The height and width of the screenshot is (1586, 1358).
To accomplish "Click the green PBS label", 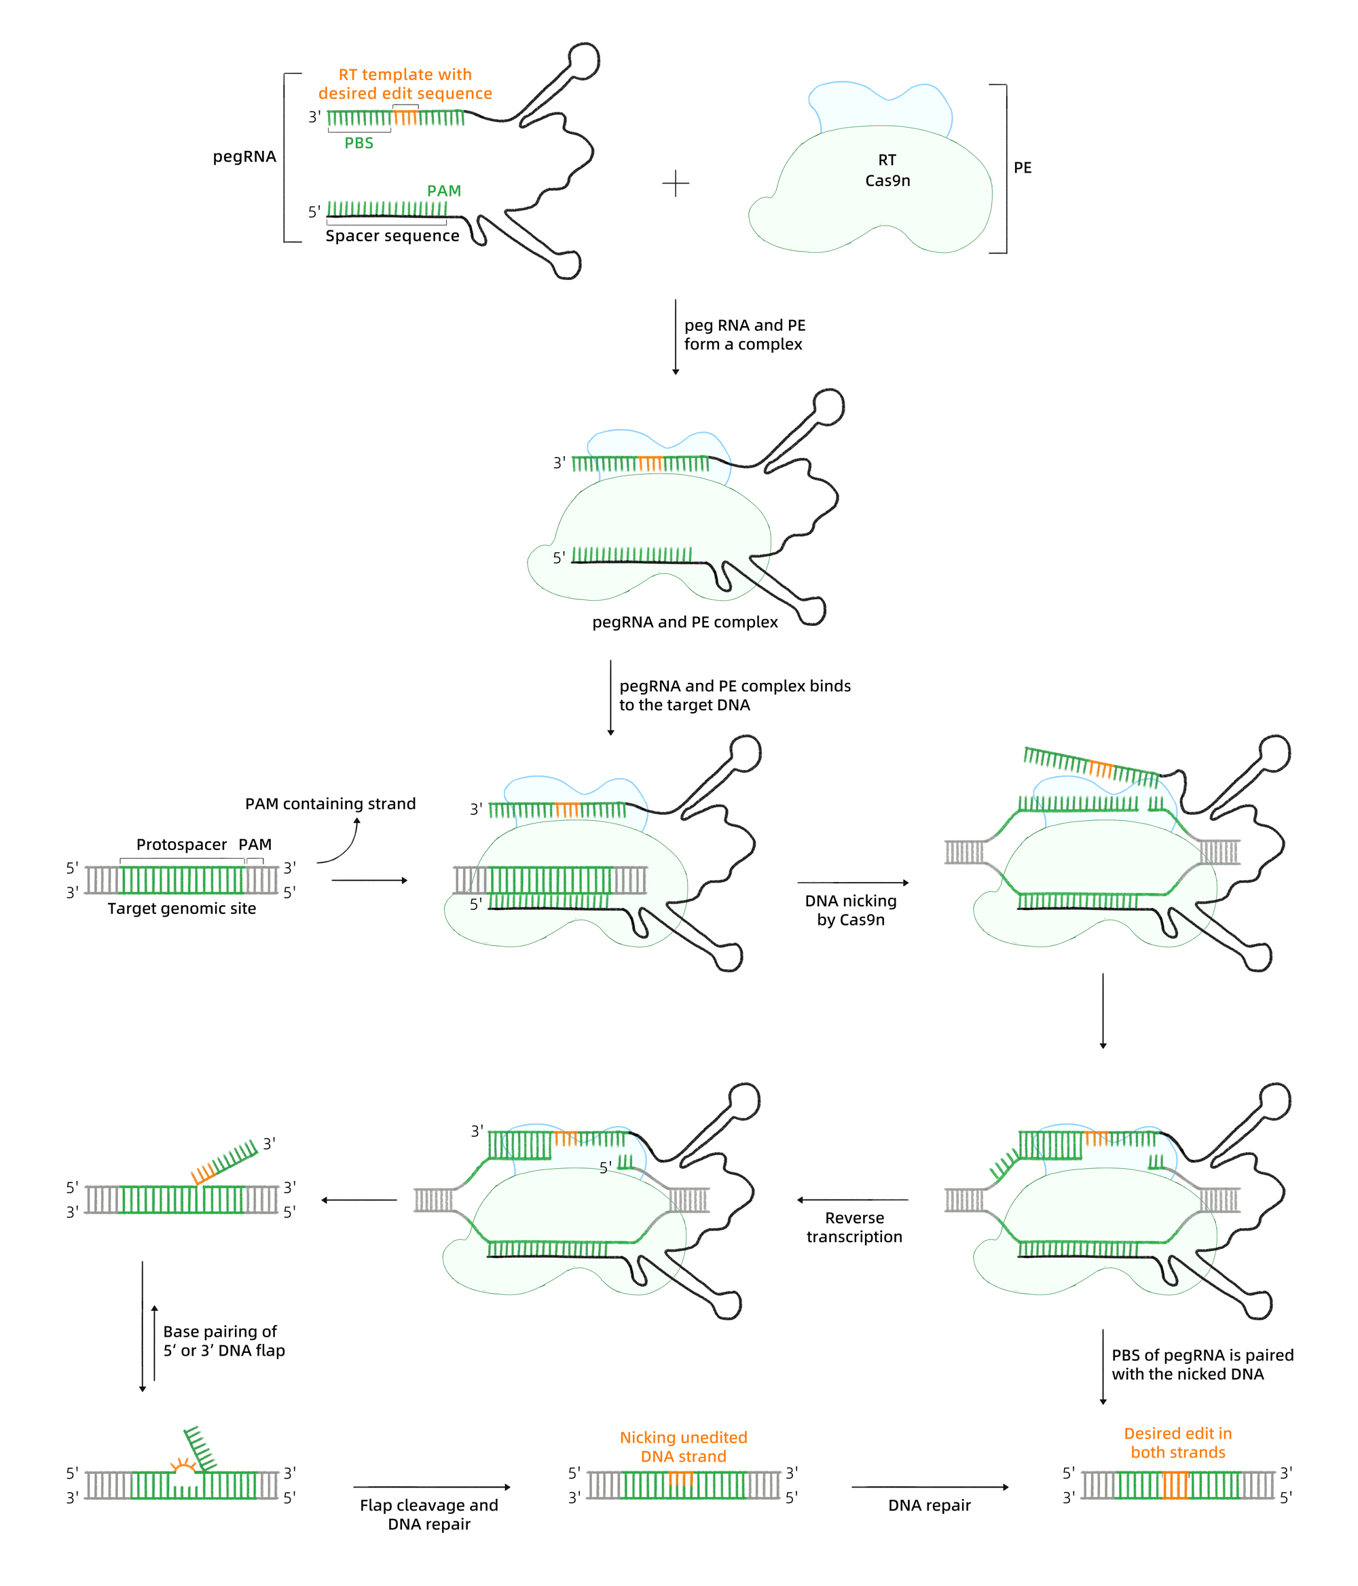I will (358, 143).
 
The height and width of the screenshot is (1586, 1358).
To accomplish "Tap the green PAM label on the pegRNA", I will (444, 190).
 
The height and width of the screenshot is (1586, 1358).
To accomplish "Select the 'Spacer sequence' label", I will (392, 236).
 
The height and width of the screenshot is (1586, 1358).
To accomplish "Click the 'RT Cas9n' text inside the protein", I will (887, 170).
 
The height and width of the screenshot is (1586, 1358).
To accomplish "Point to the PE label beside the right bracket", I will (1022, 168).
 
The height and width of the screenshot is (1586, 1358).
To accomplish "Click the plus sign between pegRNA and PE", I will (676, 183).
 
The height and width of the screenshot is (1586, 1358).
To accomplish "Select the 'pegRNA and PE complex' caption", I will (684, 622).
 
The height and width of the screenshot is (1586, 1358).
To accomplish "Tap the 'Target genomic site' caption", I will (181, 909).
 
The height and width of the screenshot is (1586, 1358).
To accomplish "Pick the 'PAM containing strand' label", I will (330, 804).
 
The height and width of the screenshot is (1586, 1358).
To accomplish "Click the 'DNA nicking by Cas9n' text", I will (850, 910).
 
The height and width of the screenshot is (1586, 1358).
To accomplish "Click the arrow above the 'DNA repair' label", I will (930, 1487).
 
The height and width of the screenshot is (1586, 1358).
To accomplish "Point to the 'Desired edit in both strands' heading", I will (1177, 1443).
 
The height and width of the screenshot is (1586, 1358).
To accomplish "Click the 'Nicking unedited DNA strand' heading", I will (683, 1447).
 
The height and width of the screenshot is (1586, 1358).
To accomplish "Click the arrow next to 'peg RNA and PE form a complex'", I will (676, 337).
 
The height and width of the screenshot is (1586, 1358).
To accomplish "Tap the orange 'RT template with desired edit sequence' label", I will (405, 84).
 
